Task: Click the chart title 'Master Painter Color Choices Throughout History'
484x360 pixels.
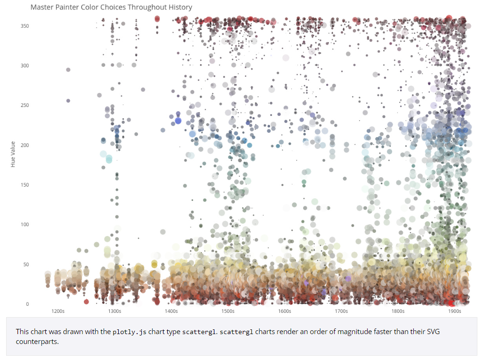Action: point(111,8)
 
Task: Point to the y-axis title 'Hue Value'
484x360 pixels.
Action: point(13,154)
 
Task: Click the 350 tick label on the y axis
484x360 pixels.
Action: point(25,26)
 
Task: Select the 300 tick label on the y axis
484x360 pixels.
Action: point(25,65)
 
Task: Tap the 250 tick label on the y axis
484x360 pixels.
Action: point(25,105)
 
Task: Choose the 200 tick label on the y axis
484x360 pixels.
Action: point(25,145)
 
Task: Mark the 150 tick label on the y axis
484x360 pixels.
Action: point(25,185)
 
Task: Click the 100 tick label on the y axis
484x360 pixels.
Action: point(25,224)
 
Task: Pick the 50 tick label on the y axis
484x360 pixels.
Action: point(26,264)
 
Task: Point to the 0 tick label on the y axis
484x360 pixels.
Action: point(27,304)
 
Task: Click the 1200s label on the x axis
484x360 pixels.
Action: point(58,311)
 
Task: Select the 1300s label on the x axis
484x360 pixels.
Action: point(115,311)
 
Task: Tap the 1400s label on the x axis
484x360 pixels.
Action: point(171,311)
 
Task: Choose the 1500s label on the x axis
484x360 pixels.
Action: point(228,311)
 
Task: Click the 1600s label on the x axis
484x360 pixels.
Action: point(285,311)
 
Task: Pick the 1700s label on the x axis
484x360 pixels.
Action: point(341,311)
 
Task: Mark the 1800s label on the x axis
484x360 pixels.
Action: point(398,311)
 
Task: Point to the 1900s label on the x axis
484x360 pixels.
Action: point(454,311)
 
